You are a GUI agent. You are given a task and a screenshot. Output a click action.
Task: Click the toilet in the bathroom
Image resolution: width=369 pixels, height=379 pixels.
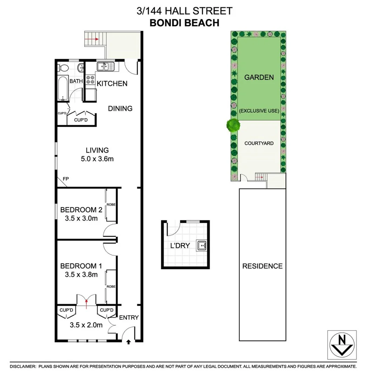click(x=62, y=67)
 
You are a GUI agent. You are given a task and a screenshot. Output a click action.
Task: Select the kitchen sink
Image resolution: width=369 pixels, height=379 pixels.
click(x=106, y=66)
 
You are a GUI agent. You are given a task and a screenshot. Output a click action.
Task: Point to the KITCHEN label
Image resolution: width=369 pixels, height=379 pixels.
click(x=112, y=84)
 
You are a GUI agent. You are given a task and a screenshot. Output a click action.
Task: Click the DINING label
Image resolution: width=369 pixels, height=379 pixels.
click(x=120, y=108)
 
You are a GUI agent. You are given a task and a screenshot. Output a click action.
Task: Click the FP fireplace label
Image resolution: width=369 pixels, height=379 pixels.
click(x=66, y=179)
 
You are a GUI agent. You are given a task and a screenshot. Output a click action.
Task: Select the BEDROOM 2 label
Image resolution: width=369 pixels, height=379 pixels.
click(x=81, y=210)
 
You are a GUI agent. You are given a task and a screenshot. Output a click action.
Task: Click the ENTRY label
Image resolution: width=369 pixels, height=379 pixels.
click(x=129, y=318)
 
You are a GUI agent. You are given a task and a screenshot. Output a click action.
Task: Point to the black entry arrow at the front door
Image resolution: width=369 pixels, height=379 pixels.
click(x=128, y=341)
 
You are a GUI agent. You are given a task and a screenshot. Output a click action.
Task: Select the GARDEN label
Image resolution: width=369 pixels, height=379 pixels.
click(x=259, y=77)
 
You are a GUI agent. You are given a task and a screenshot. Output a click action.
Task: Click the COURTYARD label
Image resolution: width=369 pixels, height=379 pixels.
click(x=259, y=143)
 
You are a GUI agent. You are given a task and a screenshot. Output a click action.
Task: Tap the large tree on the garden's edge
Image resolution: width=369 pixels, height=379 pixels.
click(x=233, y=125)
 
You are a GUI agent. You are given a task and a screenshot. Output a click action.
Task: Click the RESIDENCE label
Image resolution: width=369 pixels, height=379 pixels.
click(x=262, y=266)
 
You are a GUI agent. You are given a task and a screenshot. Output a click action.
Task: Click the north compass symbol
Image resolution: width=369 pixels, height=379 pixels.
click(x=342, y=344)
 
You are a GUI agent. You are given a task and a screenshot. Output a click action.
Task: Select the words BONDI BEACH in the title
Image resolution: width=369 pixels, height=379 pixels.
click(x=184, y=22)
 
